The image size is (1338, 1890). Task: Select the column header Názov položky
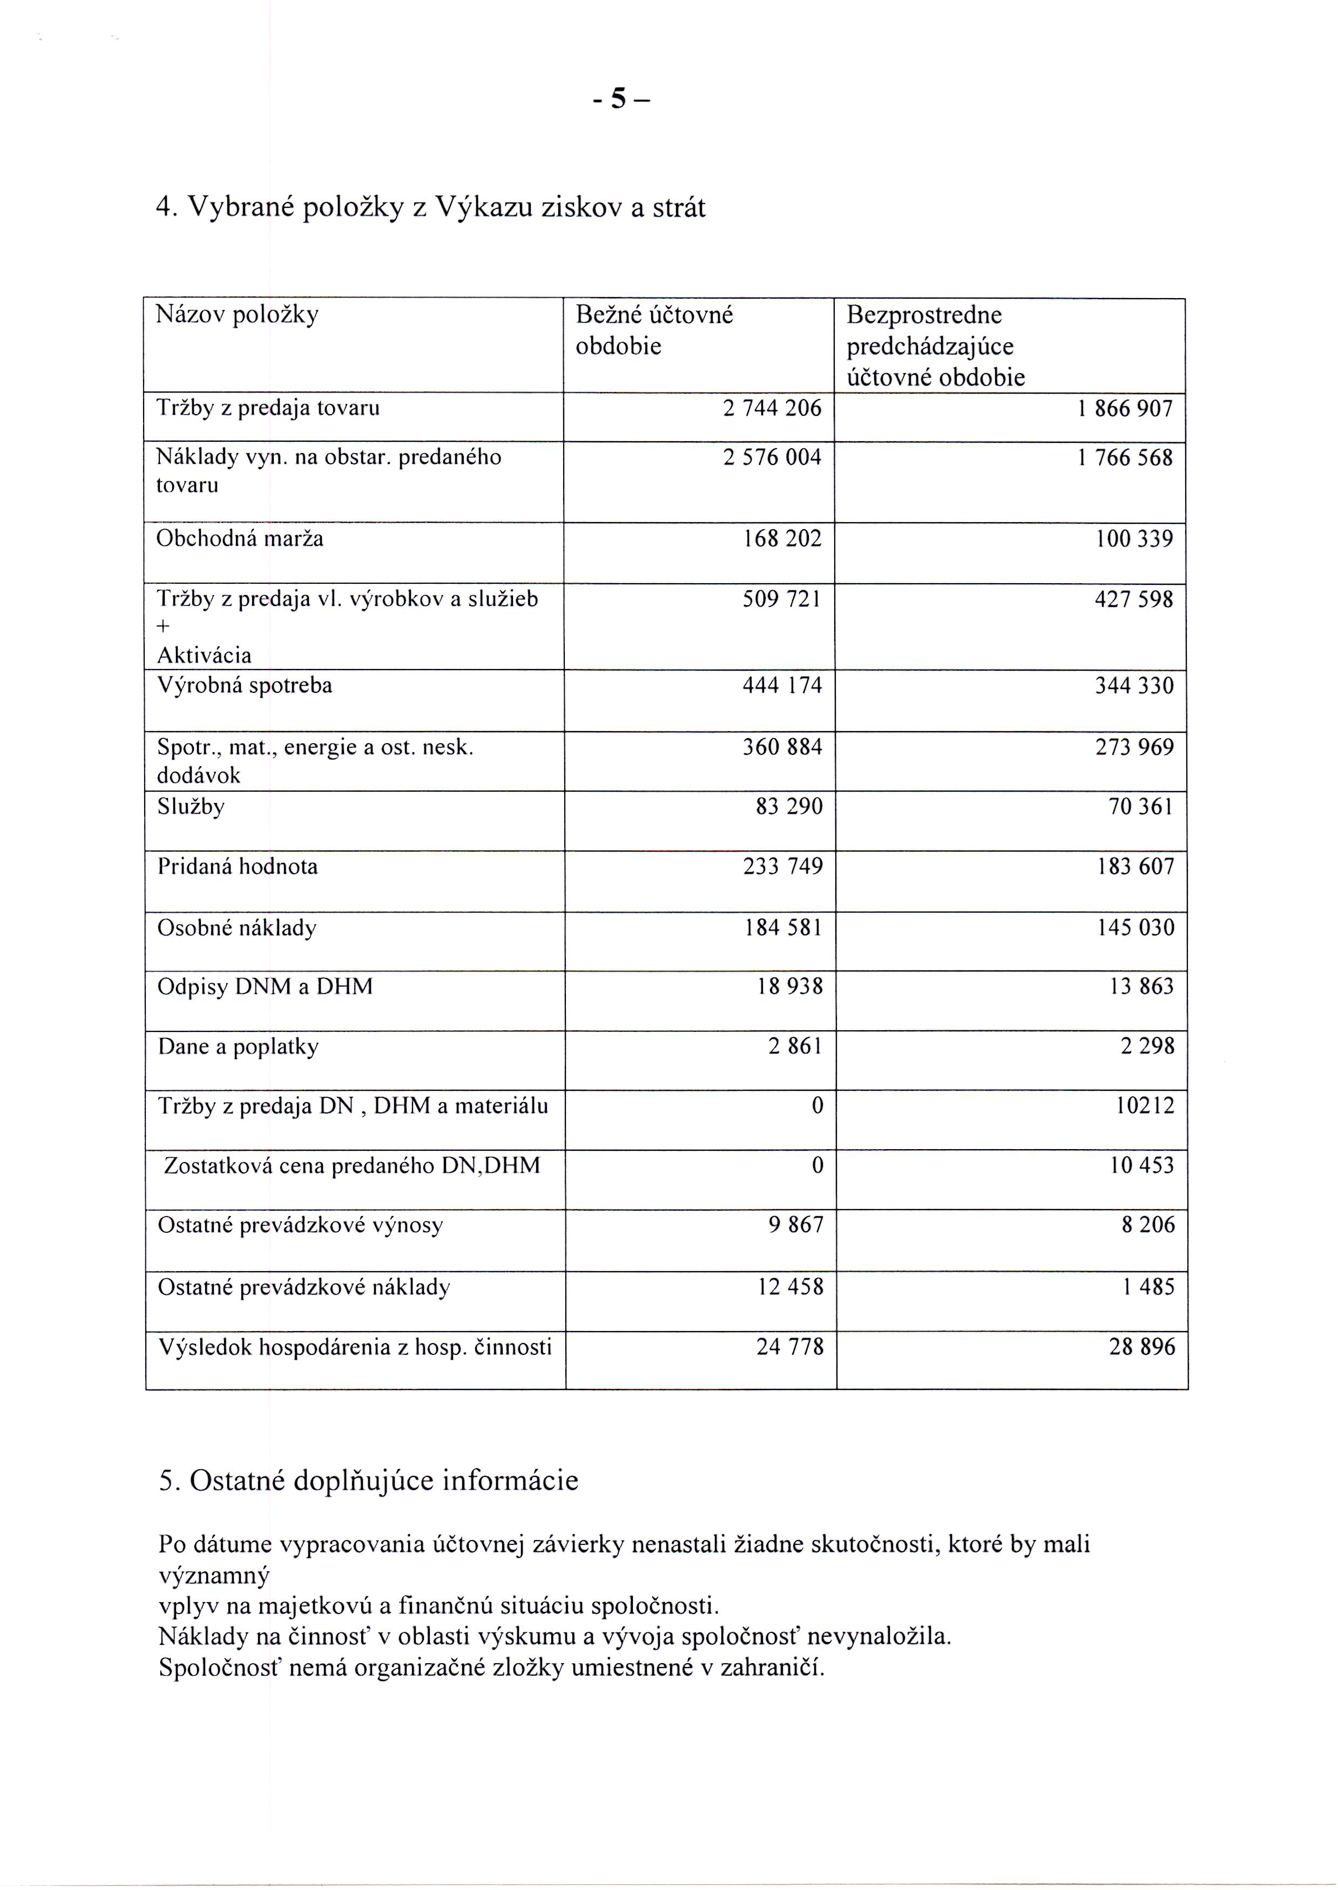point(237,315)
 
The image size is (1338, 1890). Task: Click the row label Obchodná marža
point(240,539)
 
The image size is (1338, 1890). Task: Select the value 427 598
point(1134,599)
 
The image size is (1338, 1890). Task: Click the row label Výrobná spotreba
point(245,685)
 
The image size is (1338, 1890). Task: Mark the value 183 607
point(1136,867)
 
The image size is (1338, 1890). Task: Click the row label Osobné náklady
point(237,928)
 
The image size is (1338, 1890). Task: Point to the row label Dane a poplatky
point(238,1047)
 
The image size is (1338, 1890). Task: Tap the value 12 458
point(790,1287)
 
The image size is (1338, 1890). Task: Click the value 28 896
point(1142,1347)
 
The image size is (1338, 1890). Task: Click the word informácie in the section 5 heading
point(511,1481)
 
